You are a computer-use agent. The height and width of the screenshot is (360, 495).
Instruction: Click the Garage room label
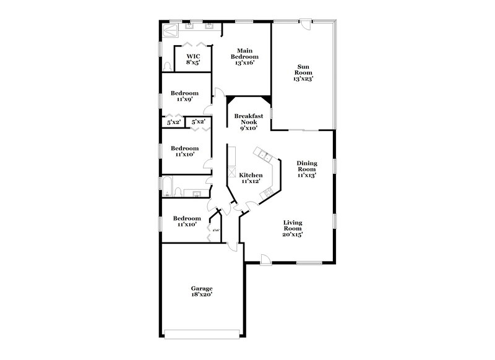[x=201, y=289]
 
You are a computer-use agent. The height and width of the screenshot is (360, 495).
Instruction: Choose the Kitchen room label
[x=251, y=175]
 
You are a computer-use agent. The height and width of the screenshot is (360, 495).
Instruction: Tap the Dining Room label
[x=307, y=169]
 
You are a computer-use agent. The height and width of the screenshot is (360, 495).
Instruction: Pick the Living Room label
[x=293, y=227]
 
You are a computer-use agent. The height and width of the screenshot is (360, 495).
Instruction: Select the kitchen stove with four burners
[x=269, y=194]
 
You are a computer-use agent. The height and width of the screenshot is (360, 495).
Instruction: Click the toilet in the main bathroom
[x=168, y=65]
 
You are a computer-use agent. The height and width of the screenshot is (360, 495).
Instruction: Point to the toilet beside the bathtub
[x=177, y=191]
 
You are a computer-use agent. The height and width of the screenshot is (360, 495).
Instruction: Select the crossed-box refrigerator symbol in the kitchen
[x=232, y=172]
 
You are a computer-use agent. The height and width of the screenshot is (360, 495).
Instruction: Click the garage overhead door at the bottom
[x=201, y=335]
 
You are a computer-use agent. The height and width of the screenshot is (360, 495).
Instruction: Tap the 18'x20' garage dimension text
[x=201, y=296]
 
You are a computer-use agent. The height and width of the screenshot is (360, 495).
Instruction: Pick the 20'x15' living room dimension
[x=293, y=234]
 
